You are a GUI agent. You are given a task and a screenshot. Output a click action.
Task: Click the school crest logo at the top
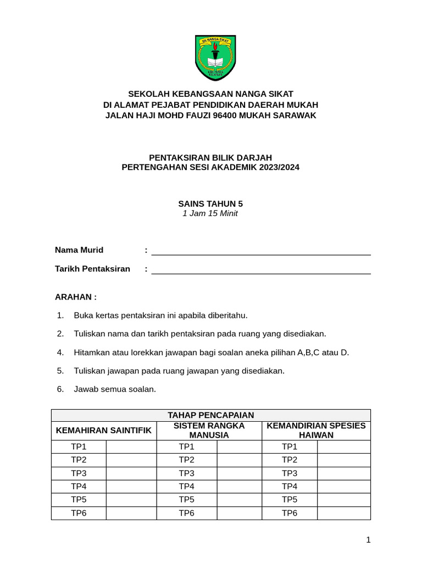pos(215,58)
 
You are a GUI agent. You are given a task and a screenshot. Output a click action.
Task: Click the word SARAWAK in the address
pos(295,115)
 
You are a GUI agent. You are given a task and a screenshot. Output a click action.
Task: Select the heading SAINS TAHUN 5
pos(210,203)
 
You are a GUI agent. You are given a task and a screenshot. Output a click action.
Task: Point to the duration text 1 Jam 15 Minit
pos(210,213)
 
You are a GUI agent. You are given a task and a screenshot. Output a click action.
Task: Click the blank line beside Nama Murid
pos(261,251)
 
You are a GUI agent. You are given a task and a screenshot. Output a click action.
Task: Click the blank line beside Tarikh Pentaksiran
pos(261,269)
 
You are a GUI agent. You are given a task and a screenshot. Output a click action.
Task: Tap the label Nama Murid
pos(79,250)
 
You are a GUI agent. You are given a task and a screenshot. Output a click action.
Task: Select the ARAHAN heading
pos(76,297)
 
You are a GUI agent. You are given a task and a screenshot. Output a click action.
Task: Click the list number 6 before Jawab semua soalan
pos(60,389)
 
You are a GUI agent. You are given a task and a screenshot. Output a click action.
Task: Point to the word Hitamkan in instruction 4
pos(92,352)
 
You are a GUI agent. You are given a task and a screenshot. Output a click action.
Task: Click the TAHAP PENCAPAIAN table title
pos(210,415)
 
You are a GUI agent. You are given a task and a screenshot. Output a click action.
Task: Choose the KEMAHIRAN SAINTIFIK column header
pos(104,430)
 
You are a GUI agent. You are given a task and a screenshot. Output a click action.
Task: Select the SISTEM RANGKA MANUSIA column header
pos(209,430)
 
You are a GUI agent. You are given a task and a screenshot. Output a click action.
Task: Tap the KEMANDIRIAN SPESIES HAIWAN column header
pos(316,430)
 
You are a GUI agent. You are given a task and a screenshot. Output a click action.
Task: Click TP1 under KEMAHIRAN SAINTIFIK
pos(79,447)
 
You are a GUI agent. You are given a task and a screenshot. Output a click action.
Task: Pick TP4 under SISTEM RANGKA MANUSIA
pos(187,487)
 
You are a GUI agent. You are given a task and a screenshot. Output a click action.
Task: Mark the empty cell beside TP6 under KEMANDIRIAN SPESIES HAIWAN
pos(343,513)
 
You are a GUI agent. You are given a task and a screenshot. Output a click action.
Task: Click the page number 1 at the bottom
pos(368,540)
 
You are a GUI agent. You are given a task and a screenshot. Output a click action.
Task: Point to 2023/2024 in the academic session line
pos(277,167)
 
